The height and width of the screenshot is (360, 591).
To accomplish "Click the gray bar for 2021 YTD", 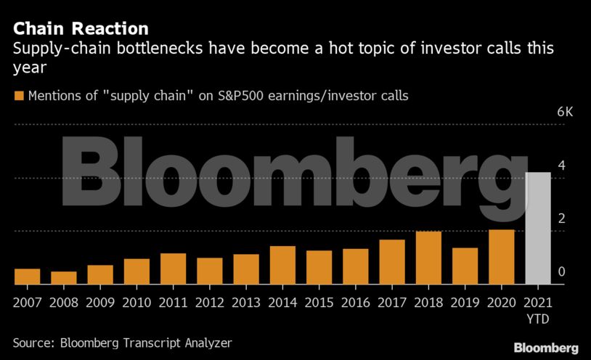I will [x=537, y=228].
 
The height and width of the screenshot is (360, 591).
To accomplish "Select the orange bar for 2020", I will [x=501, y=257].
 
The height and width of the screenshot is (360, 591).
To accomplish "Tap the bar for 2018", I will [x=428, y=258].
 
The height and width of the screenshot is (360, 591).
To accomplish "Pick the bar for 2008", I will [x=64, y=277].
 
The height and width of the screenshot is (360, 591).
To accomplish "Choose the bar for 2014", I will [x=282, y=265].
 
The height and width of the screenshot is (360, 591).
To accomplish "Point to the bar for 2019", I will [x=465, y=266].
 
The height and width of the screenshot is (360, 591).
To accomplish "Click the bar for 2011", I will [x=173, y=269].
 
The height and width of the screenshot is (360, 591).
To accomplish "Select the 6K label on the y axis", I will [x=564, y=112].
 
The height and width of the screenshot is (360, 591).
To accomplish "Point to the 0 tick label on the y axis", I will [x=561, y=271].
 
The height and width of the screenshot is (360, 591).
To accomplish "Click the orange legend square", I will [x=18, y=96].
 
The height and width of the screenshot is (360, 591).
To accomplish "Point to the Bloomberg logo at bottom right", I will [x=546, y=347].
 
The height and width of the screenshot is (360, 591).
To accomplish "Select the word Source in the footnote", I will [x=32, y=342].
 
